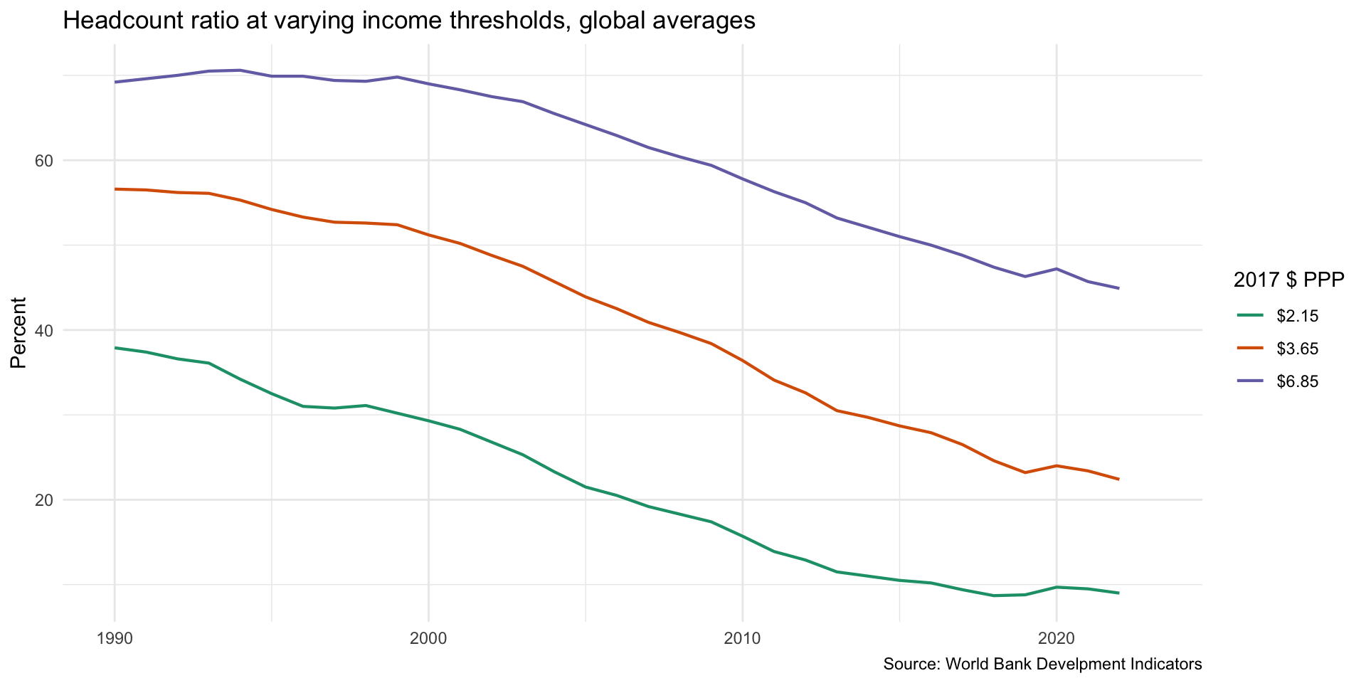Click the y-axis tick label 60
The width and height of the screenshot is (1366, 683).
click(44, 161)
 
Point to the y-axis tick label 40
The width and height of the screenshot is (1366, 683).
click(44, 330)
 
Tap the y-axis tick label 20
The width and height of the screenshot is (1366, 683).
click(44, 500)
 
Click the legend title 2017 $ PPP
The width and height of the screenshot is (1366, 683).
click(1288, 280)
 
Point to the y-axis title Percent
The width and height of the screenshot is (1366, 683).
click(19, 333)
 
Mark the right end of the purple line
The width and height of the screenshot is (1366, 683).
click(1119, 288)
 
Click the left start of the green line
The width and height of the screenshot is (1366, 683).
click(115, 348)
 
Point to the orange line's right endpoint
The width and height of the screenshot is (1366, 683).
click(1119, 480)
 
